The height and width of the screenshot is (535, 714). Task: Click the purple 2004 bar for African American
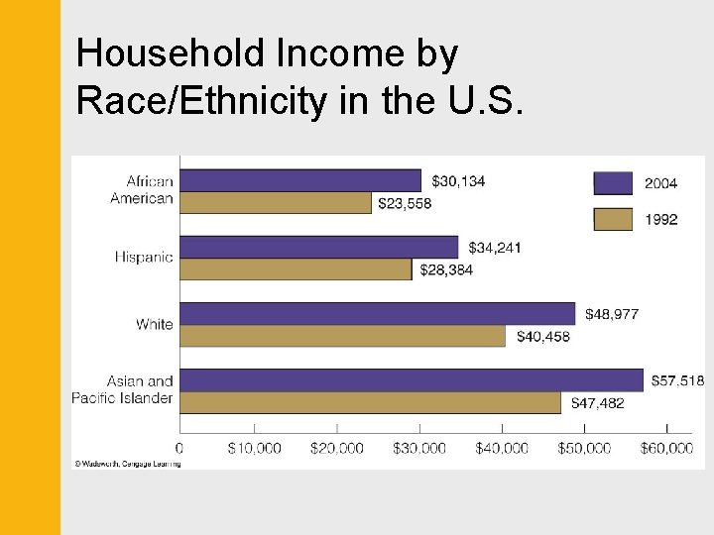point(300,180)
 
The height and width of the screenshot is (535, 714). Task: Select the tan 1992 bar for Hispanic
point(296,268)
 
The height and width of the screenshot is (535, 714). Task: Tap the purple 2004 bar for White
point(377,313)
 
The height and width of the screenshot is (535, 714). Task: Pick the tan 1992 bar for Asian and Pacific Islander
point(370,402)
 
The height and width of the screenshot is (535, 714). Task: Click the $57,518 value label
point(677,380)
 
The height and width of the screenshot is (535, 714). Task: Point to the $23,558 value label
point(405,203)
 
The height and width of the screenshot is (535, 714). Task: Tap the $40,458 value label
point(542,337)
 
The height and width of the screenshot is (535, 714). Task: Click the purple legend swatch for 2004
point(612,183)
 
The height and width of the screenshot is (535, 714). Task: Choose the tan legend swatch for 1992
point(612,219)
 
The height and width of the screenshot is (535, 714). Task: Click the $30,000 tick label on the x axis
point(418,449)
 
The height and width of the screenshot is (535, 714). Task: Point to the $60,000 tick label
point(665,449)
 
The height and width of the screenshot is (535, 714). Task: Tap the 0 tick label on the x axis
point(179,449)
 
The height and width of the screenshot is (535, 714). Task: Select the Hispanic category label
point(144,258)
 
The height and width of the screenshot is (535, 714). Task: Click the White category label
point(154,324)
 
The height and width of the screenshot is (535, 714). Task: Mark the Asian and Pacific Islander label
point(123,389)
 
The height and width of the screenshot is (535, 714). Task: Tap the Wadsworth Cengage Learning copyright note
point(127,463)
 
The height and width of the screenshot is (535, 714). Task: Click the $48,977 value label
point(611,314)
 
